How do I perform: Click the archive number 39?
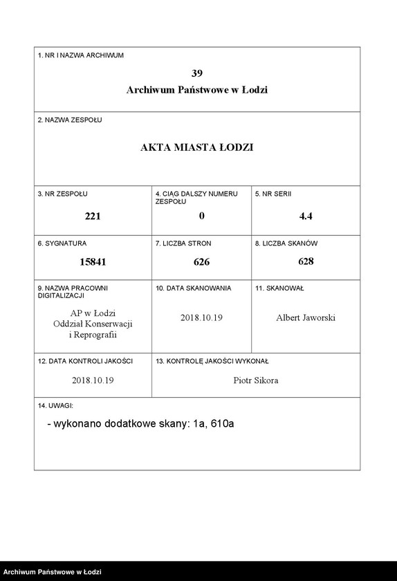pos(197,73)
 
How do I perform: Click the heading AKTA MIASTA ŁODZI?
pos(197,147)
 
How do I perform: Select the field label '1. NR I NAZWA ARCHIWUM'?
pos(80,55)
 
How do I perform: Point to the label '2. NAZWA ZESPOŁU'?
pos(70,120)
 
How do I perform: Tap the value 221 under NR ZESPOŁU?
pos(93,216)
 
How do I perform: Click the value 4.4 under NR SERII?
pos(306,216)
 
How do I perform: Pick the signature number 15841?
pos(93,262)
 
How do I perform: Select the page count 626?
pos(201,262)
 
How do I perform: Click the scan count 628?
pos(306,261)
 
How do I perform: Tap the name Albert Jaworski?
pos(306,318)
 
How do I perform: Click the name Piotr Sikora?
pos(256,380)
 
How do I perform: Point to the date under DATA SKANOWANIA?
pos(201,318)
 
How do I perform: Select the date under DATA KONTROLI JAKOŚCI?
pos(93,380)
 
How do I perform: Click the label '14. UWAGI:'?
pos(56,406)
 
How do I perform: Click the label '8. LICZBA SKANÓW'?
pos(286,243)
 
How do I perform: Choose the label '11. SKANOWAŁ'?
pos(279,288)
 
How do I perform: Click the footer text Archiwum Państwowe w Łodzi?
pos(53,573)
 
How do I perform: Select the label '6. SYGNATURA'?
pos(62,243)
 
